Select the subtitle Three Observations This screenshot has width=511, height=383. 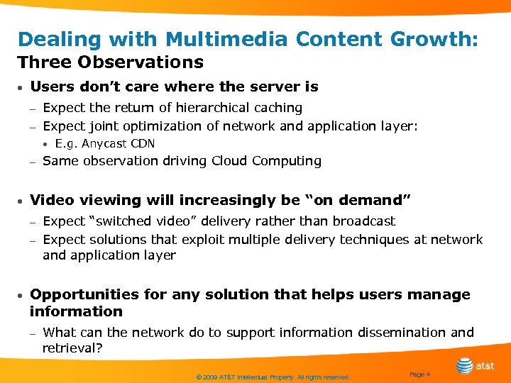click(x=111, y=62)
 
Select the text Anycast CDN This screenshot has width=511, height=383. click(x=118, y=144)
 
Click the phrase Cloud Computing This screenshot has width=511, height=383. click(x=268, y=161)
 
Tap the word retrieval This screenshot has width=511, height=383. click(x=71, y=349)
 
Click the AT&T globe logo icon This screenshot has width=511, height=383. click(x=465, y=366)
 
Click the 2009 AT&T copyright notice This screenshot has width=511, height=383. click(x=273, y=378)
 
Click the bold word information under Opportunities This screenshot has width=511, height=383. click(x=76, y=311)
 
